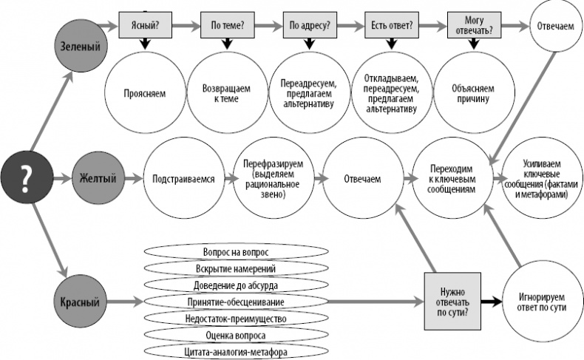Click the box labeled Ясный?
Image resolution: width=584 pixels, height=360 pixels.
pyautogui.click(x=140, y=25)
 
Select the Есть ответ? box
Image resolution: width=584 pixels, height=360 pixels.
pyautogui.click(x=391, y=25)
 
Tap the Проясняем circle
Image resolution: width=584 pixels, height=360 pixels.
pyautogui.click(x=145, y=95)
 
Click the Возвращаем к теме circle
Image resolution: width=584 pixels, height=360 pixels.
pyautogui.click(x=225, y=95)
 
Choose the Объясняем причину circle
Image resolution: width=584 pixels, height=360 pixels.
pyautogui.click(x=474, y=95)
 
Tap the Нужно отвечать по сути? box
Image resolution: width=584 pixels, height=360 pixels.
pyautogui.click(x=449, y=302)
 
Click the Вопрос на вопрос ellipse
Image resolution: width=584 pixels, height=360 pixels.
pyautogui.click(x=235, y=251)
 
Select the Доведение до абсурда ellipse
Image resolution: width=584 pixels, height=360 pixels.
pyautogui.click(x=235, y=285)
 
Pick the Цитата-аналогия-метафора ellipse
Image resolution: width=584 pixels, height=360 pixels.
pyautogui.click(x=235, y=351)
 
